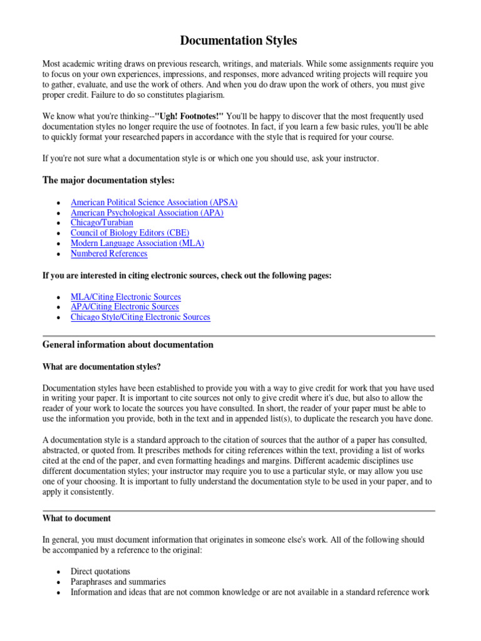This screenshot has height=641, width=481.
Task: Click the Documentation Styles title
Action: [x=239, y=41]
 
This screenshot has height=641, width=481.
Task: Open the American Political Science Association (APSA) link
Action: [x=154, y=202]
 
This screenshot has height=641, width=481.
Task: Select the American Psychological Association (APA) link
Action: [x=147, y=213]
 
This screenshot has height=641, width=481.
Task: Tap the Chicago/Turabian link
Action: [x=102, y=223]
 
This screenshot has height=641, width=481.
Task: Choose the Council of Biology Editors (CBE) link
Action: [x=130, y=233]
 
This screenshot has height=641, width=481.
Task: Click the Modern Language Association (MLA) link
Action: [x=137, y=243]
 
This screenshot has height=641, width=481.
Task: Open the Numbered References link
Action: [x=109, y=254]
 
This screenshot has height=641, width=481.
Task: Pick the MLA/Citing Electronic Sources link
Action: [x=126, y=297]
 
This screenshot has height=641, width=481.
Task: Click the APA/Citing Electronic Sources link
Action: [x=125, y=307]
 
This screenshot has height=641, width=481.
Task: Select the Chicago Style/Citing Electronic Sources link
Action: [x=140, y=317]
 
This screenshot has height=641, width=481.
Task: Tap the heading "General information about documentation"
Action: [x=128, y=345]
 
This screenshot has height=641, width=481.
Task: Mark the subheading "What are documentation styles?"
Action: [x=106, y=366]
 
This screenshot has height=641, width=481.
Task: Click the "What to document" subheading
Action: [x=77, y=518]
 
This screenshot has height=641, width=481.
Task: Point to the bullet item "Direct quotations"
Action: [x=100, y=571]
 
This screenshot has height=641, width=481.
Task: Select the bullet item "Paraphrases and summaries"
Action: [x=118, y=582]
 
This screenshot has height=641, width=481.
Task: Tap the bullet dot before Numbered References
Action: [x=58, y=254]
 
